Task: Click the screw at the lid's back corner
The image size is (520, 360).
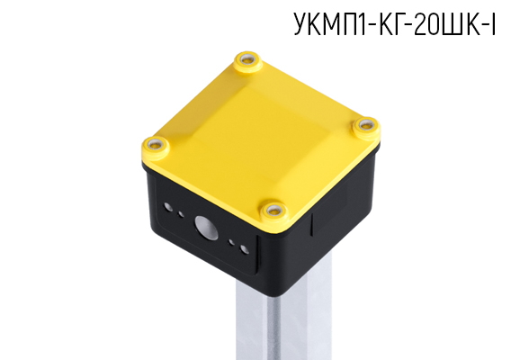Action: pyautogui.click(x=247, y=61)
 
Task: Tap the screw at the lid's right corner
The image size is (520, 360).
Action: pyautogui.click(x=365, y=126)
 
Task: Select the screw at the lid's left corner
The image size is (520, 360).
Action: pyautogui.click(x=157, y=144)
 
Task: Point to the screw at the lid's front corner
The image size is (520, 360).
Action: pyautogui.click(x=273, y=211)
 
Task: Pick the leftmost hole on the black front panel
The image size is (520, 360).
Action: pyautogui.click(x=168, y=207)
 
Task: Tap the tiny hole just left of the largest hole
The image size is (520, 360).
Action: pyautogui.click(x=184, y=216)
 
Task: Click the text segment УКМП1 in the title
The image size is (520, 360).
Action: pyautogui.click(x=328, y=27)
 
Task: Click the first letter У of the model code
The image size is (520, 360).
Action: pyautogui.click(x=300, y=27)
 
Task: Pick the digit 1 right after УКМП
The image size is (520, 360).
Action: pyautogui.click(x=360, y=27)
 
